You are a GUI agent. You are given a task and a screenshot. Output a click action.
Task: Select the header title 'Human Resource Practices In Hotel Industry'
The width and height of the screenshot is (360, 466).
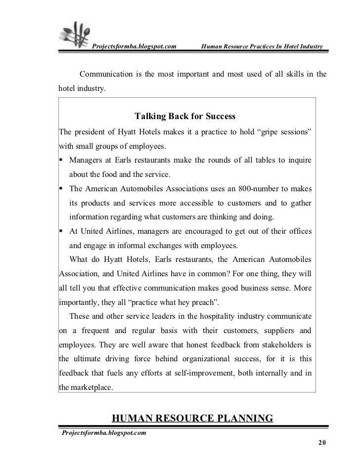pyautogui.click(x=261, y=47)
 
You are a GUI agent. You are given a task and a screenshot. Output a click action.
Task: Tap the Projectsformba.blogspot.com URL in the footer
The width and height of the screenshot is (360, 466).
pyautogui.click(x=103, y=433)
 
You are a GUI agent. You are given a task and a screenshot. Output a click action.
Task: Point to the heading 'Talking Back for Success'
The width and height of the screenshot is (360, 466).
pyautogui.click(x=185, y=117)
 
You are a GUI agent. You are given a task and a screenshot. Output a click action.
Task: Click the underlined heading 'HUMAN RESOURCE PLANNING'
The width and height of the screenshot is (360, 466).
pyautogui.click(x=193, y=419)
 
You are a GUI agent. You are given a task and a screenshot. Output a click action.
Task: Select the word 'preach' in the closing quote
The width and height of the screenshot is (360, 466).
pyautogui.click(x=211, y=301)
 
